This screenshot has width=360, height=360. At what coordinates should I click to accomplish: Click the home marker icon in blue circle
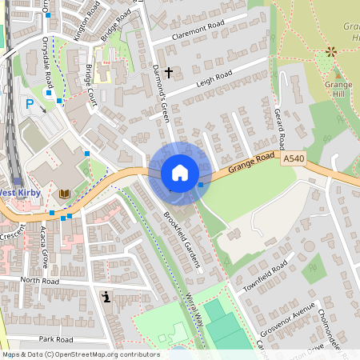point(180,173)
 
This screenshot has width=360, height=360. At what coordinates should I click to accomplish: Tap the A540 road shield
point(294,160)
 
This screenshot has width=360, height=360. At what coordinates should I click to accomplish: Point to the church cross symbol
point(168,73)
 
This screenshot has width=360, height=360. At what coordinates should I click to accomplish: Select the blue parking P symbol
point(30,103)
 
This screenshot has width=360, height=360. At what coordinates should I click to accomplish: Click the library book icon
point(64,194)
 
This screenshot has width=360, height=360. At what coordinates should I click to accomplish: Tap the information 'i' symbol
point(106,298)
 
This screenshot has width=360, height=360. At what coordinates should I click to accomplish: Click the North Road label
point(41,281)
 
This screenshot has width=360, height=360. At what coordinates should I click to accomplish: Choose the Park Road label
point(55,339)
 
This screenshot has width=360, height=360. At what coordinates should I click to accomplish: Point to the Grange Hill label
point(339,89)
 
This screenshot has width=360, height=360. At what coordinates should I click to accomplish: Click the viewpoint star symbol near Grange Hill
point(330,52)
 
